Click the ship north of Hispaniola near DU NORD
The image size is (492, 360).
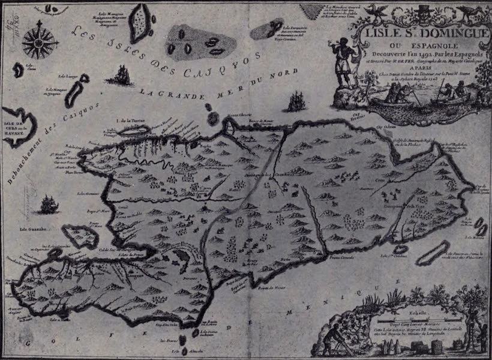(x=296, y=102)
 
